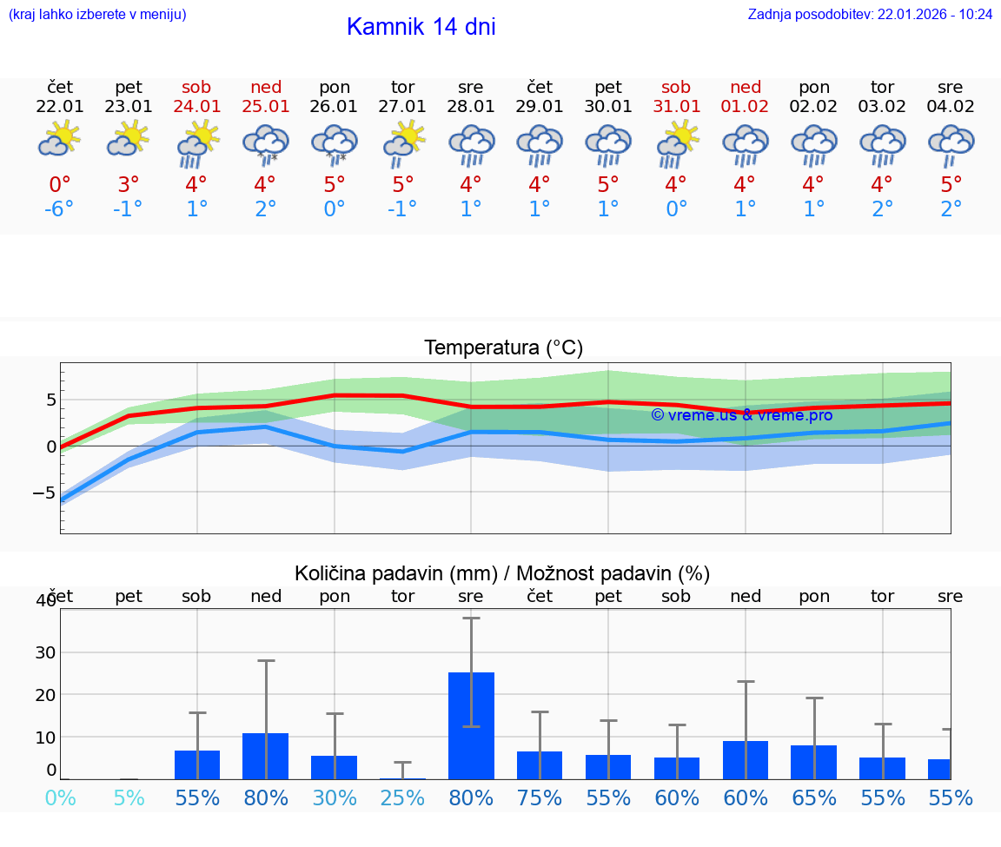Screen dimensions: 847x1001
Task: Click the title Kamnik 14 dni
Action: (x=421, y=27)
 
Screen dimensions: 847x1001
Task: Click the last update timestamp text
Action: (x=870, y=15)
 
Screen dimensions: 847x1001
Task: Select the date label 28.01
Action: (x=471, y=107)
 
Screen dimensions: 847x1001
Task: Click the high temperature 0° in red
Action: (x=59, y=185)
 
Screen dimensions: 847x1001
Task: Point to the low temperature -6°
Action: (x=59, y=209)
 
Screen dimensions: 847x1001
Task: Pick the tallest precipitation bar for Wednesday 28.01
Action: (x=471, y=725)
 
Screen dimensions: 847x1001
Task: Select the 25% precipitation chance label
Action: (x=402, y=797)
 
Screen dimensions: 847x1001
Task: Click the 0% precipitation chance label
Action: (x=60, y=797)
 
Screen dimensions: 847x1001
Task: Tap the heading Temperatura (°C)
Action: (x=503, y=348)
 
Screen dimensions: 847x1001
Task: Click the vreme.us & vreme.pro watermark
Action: (x=741, y=415)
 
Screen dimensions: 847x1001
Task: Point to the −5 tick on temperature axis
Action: (x=44, y=493)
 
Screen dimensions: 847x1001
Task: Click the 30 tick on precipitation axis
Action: (x=45, y=652)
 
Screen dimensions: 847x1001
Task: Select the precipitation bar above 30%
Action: (x=335, y=767)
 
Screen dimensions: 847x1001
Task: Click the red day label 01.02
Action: (x=745, y=107)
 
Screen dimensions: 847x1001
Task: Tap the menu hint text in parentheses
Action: (x=97, y=15)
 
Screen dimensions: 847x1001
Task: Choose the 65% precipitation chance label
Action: (x=813, y=797)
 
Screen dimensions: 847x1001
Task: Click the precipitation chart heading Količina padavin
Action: (x=502, y=573)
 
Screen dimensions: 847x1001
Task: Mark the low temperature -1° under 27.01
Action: (x=402, y=209)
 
